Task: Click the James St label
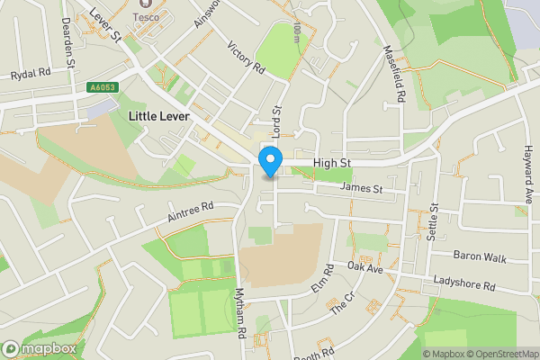tap(363, 189)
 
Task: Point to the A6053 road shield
tap(103, 86)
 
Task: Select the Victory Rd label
tap(247, 58)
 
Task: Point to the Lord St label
tap(277, 121)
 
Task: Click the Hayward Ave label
tap(528, 175)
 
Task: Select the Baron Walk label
tap(481, 256)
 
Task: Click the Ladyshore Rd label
tap(464, 285)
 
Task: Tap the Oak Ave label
tap(365, 268)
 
